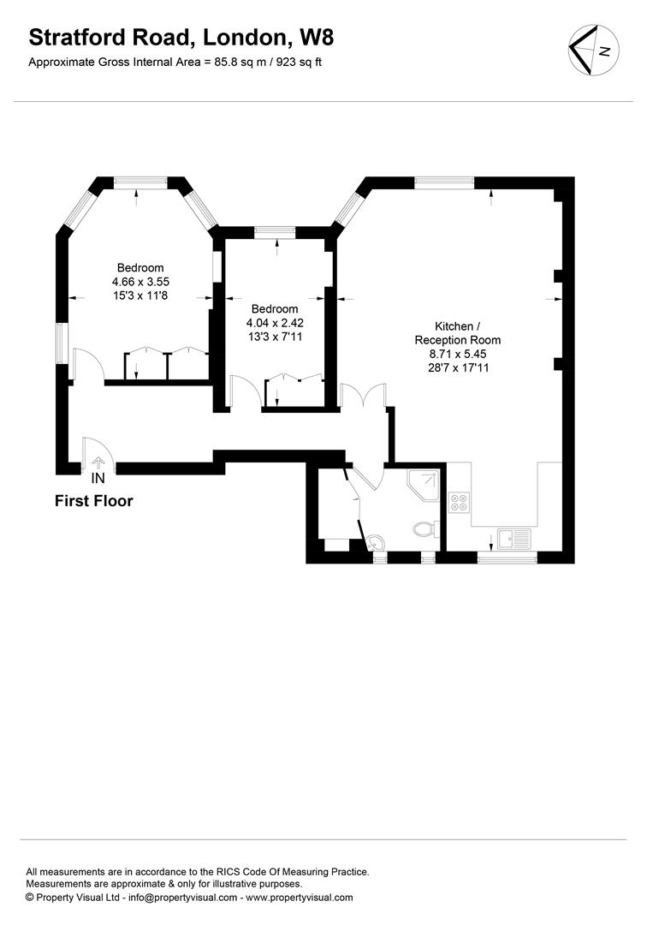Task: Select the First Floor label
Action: point(94,501)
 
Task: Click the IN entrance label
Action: point(98,478)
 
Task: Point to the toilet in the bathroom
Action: point(424,528)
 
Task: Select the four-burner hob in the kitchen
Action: point(459,501)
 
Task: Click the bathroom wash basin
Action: point(376,541)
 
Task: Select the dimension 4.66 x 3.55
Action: point(140,282)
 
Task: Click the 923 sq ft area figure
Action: point(296,62)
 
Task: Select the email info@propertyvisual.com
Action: point(181,898)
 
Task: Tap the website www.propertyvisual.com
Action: point(299,898)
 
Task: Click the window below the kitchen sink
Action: point(507,558)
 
